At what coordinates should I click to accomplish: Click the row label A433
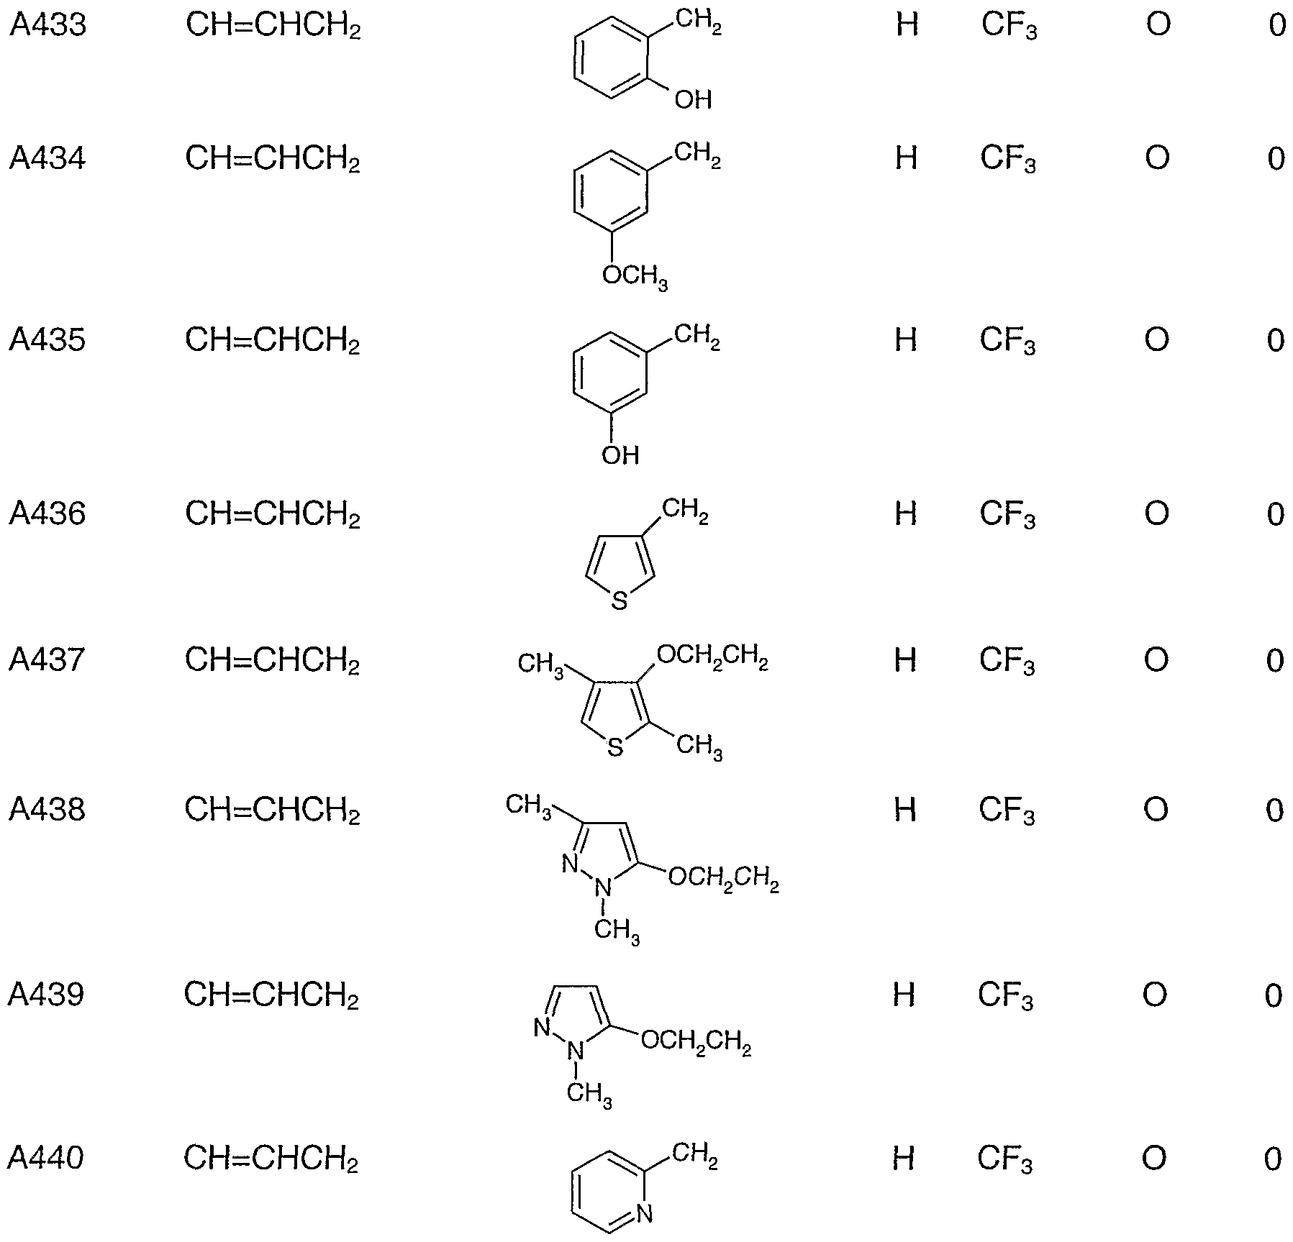point(48,26)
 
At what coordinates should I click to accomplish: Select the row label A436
point(47,514)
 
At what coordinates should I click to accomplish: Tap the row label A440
point(46,1159)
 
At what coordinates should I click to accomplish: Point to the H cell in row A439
point(904,995)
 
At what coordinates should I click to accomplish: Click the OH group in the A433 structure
point(693,99)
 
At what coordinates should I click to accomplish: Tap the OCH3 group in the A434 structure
point(635,276)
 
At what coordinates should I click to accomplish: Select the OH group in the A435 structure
point(620,455)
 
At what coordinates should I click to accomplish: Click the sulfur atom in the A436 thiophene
point(619,601)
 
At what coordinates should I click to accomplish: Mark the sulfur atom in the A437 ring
point(614,748)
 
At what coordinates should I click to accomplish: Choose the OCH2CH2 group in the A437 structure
point(712,657)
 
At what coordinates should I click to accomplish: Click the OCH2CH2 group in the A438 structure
point(723,879)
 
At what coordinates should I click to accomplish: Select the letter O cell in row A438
point(1156,811)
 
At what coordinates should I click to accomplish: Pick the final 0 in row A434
point(1276,159)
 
